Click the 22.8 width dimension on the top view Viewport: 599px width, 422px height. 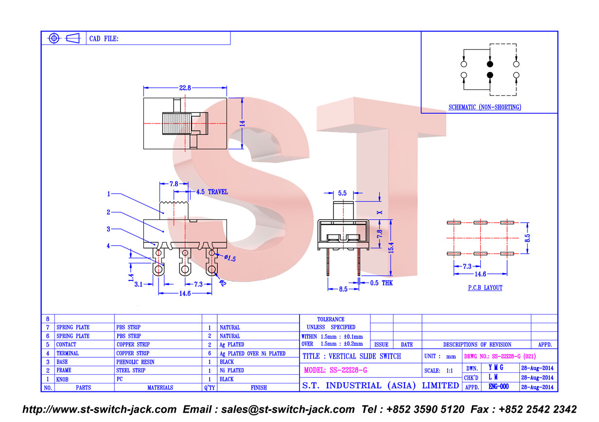click(x=185, y=88)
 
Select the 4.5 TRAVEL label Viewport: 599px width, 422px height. click(x=212, y=192)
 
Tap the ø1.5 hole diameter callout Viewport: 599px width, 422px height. click(x=230, y=258)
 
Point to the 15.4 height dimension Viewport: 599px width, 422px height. click(x=391, y=247)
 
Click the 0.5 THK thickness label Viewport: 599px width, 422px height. click(x=381, y=283)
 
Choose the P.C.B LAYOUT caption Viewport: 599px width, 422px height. click(x=485, y=288)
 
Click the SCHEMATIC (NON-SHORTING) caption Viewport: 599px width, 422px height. click(x=485, y=107)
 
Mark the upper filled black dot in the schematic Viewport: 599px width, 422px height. click(x=490, y=64)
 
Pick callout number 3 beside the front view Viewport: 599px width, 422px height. click(x=108, y=229)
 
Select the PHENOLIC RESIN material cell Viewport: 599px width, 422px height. click(x=135, y=362)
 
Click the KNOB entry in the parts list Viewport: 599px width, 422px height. click(x=62, y=380)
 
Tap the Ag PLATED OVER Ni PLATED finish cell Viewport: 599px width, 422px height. click(x=252, y=353)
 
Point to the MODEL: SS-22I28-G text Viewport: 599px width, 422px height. click(x=335, y=370)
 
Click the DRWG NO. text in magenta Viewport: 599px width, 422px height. click(x=500, y=356)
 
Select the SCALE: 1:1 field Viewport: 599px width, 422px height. click(x=439, y=371)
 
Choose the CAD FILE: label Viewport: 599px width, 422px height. click(x=104, y=39)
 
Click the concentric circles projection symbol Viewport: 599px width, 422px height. click(x=54, y=38)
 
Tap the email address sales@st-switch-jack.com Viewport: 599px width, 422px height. click(x=288, y=409)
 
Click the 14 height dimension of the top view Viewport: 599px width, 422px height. click(x=242, y=123)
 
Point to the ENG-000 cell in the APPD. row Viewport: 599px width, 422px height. click(x=498, y=387)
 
